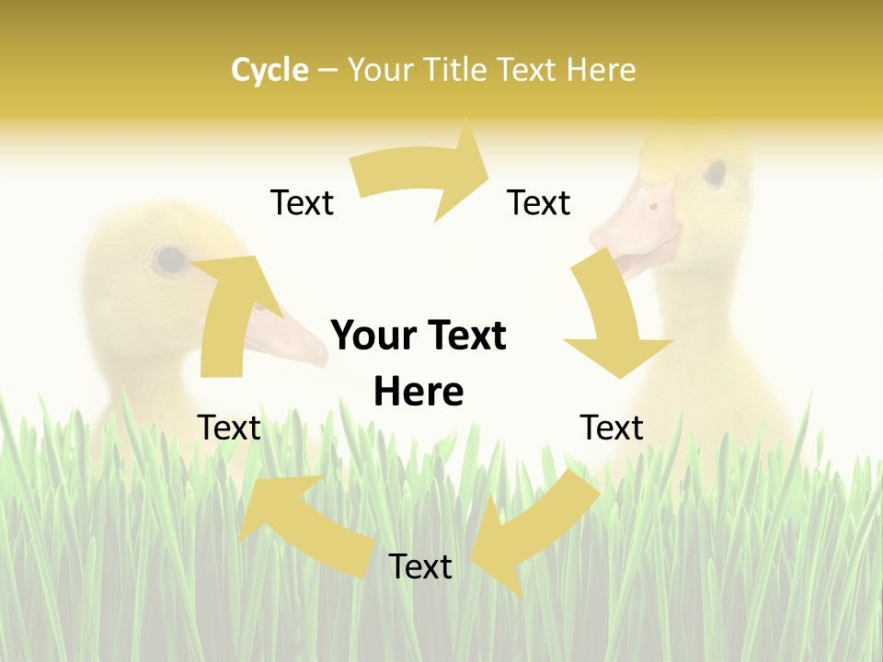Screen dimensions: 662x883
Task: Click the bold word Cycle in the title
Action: [x=269, y=70]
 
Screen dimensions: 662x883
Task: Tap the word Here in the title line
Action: [x=601, y=70]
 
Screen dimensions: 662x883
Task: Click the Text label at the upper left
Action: [x=302, y=202]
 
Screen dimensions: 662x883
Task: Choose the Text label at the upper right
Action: [x=539, y=202]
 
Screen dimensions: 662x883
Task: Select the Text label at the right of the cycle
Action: [x=612, y=428]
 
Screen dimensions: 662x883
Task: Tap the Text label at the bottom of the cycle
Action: [x=420, y=566]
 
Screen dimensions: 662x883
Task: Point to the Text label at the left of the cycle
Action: [x=229, y=428]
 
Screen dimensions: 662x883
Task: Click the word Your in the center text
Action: [x=372, y=336]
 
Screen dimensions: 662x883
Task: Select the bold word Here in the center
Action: [x=419, y=392]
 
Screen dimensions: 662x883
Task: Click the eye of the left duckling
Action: [x=170, y=260]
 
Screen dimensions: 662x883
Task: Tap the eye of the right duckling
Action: [x=715, y=172]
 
